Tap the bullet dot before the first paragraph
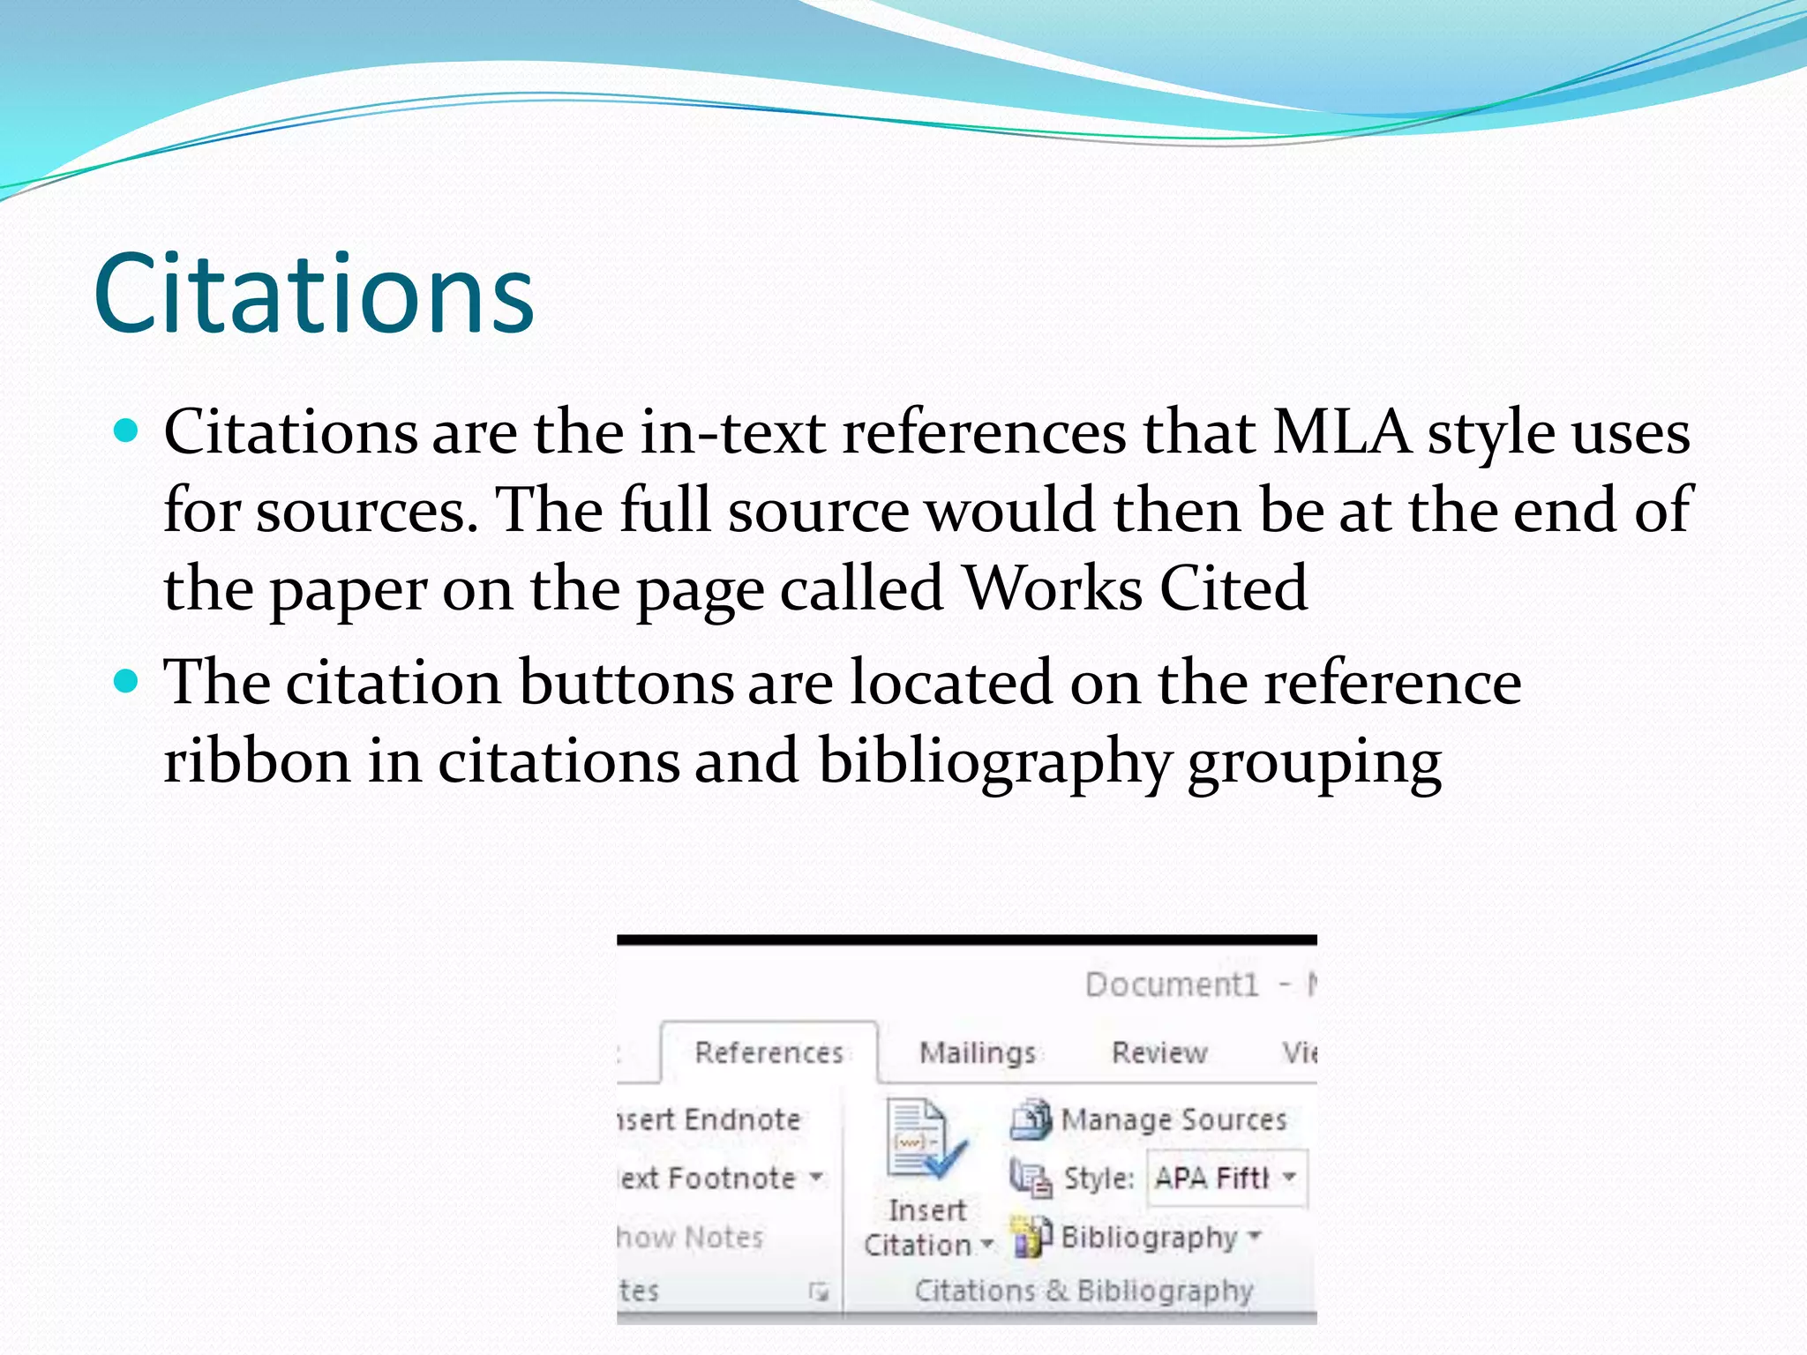click(127, 430)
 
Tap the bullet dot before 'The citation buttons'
click(127, 681)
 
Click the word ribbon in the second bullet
click(257, 760)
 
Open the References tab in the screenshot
click(769, 1052)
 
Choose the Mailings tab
click(978, 1052)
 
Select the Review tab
click(1159, 1052)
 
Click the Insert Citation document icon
click(923, 1140)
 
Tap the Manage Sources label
click(1173, 1120)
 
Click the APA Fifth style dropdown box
click(1226, 1178)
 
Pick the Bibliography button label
click(1149, 1237)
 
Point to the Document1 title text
click(1172, 984)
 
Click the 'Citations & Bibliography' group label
click(1083, 1291)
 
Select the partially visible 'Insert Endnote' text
click(709, 1119)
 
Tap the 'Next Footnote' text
click(708, 1178)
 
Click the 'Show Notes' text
click(690, 1237)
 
